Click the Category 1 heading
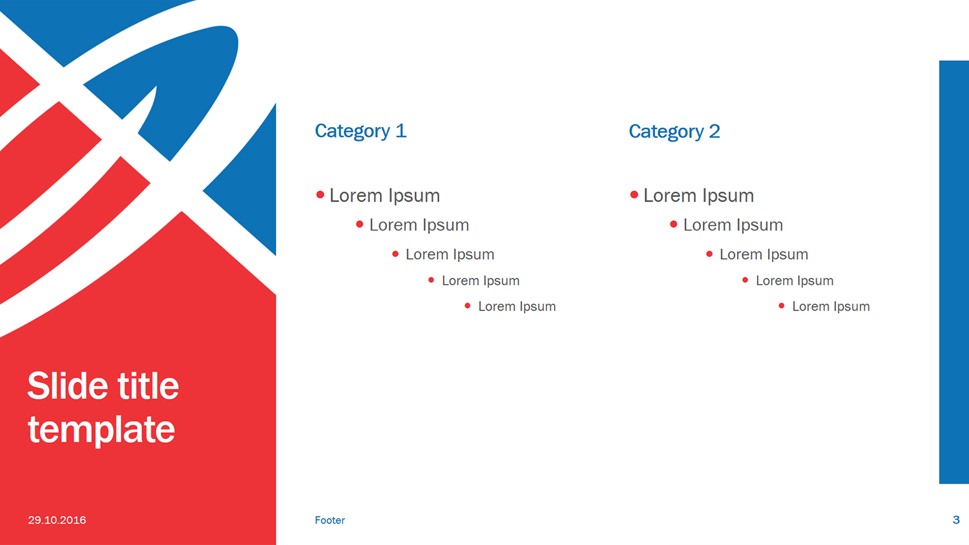tap(360, 131)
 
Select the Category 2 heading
tap(674, 132)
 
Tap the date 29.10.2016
tap(57, 520)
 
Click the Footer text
tap(329, 520)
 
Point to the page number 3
tap(956, 520)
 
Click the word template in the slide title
tap(101, 430)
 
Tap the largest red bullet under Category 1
tap(320, 194)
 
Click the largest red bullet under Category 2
tap(634, 194)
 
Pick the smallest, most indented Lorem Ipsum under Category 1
tap(517, 307)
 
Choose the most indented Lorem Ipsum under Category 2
tap(831, 307)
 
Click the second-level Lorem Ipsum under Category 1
tap(419, 225)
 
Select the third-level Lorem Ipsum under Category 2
tap(764, 254)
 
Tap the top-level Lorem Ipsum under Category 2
tap(698, 196)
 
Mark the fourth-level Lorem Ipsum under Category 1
tap(481, 281)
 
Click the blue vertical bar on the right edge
tap(953, 271)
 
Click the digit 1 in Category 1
tap(401, 131)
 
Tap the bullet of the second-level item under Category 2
tap(673, 224)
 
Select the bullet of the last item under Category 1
tap(467, 305)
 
